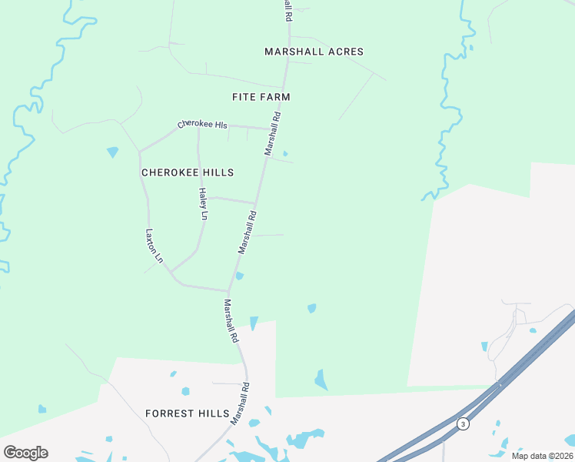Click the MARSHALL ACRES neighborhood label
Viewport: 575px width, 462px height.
point(314,52)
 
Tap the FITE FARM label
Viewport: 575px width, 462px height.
point(261,97)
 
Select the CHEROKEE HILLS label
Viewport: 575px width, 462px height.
point(188,172)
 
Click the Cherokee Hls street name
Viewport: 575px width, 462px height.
point(202,125)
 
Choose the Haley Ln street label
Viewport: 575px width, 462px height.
point(203,204)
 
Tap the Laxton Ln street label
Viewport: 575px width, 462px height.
point(155,246)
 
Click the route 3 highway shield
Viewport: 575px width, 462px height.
point(463,423)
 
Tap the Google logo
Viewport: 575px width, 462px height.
point(25,453)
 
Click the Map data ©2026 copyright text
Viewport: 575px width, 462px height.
point(542,456)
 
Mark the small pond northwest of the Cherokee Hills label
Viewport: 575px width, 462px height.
point(113,152)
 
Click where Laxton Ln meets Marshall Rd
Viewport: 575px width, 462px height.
point(228,291)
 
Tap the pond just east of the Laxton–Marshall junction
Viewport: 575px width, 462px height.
point(240,276)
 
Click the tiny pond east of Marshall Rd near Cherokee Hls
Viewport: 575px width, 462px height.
point(285,153)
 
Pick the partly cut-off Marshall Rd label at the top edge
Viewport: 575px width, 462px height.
point(288,9)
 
